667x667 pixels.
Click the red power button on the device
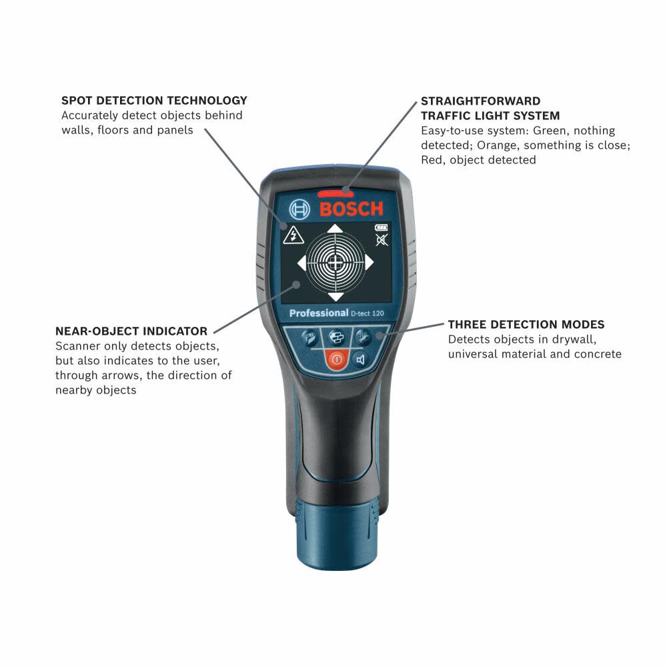[x=336, y=360]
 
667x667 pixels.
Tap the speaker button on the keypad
[x=361, y=360]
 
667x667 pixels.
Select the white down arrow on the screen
[x=336, y=295]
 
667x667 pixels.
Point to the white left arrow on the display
[x=301, y=263]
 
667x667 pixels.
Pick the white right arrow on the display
[x=369, y=263]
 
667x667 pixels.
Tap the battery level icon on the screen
[x=382, y=227]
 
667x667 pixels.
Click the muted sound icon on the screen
[x=382, y=239]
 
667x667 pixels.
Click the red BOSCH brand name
[x=352, y=209]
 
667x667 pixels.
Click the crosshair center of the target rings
[x=336, y=263]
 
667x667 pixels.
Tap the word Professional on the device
[x=319, y=313]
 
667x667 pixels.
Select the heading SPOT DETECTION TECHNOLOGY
[x=154, y=101]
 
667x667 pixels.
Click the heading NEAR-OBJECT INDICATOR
[x=131, y=331]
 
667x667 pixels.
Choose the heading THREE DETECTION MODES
[x=526, y=325]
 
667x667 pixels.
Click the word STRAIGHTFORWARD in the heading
[x=480, y=101]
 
